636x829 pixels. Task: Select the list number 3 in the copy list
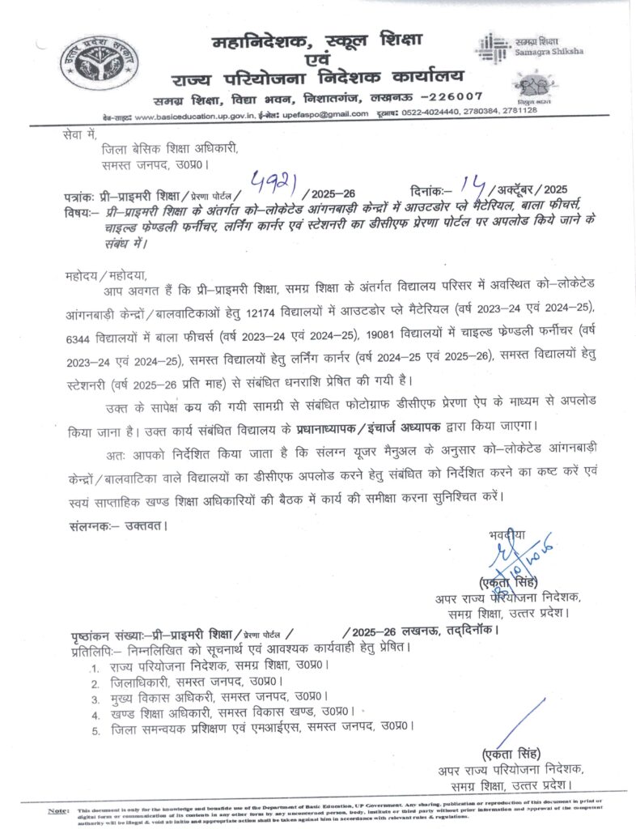click(95, 697)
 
